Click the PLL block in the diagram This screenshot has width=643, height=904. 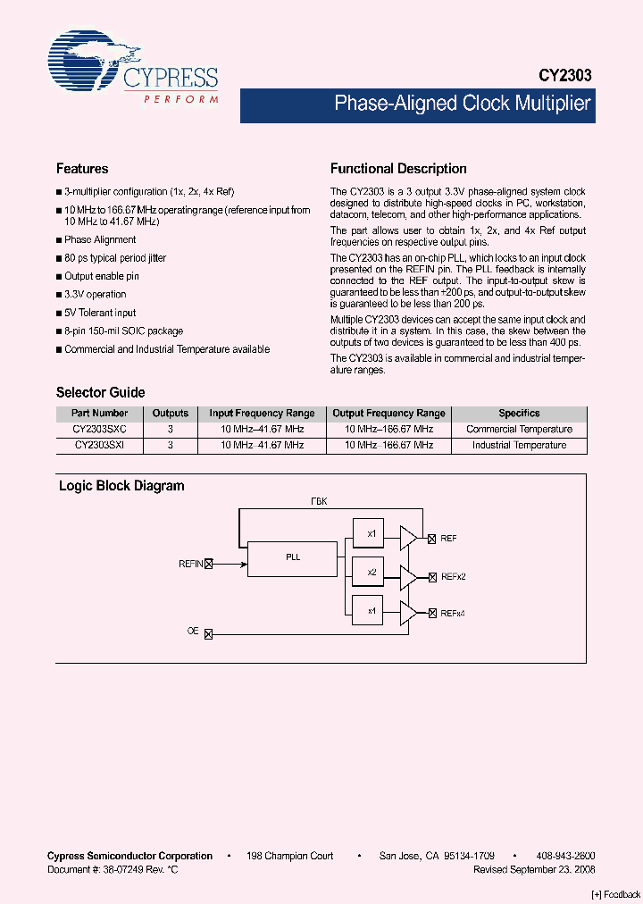click(293, 557)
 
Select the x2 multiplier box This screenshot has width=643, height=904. click(372, 571)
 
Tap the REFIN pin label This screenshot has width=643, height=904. click(191, 564)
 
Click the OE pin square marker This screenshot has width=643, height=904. click(209, 633)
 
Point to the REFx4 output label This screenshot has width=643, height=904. click(453, 614)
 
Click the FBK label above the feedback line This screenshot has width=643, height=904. click(319, 501)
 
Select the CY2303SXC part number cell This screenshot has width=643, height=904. click(100, 430)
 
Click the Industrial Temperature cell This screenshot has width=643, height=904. click(519, 445)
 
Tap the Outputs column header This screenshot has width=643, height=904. click(171, 414)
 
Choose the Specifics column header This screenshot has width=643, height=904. click(519, 414)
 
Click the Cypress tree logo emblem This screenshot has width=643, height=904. click(84, 63)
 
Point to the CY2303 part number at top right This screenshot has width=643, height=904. click(564, 77)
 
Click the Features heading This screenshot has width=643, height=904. click(82, 169)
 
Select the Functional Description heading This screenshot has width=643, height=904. click(398, 169)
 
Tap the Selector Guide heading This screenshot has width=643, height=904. click(100, 392)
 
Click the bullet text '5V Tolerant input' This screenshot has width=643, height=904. click(100, 313)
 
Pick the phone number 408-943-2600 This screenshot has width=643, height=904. click(565, 856)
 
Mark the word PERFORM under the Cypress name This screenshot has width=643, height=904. click(181, 99)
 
